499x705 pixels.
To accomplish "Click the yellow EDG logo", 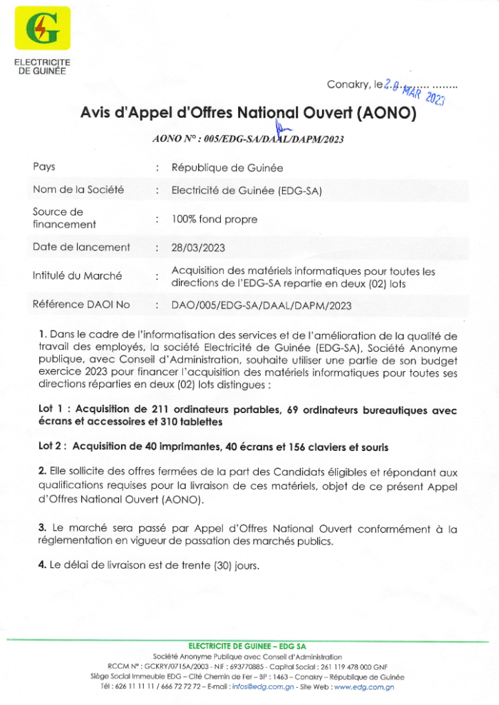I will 43,28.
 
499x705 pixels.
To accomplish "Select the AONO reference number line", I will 248,139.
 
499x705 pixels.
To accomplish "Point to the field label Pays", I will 44,167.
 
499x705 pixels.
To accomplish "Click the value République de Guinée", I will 226,167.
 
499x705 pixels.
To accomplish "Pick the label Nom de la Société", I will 78,189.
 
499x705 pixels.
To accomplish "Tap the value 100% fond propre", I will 214,220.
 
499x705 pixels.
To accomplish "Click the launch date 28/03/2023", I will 198,247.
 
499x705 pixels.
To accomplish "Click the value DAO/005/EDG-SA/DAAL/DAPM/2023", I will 261,305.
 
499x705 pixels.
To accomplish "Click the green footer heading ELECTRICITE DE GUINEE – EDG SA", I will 247,646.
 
